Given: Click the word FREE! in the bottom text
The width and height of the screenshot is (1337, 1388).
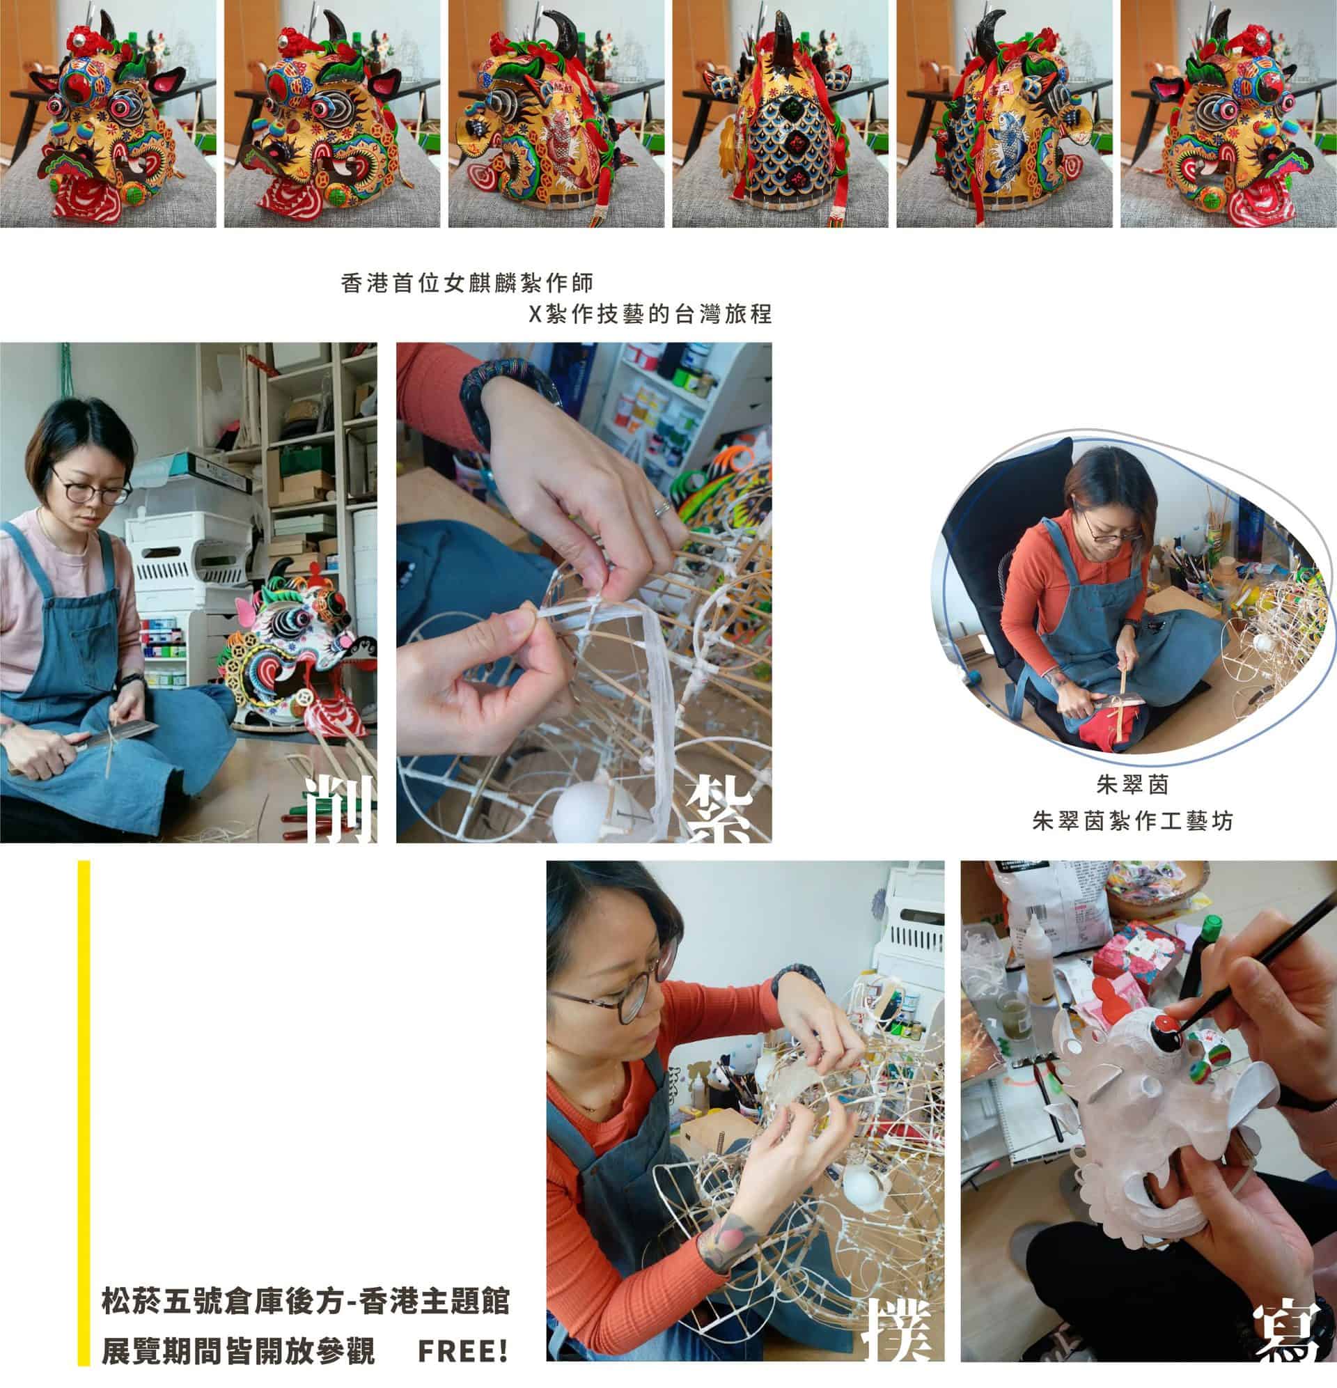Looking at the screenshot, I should (462, 1351).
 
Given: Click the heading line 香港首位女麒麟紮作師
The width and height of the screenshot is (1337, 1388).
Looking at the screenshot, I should (467, 283).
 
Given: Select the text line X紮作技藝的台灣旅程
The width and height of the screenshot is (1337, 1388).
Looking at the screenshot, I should (650, 313).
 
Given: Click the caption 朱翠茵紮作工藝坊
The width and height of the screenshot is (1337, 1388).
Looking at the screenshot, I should (1132, 821).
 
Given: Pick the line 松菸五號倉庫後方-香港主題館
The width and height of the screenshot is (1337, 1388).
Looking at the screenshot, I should (305, 1302).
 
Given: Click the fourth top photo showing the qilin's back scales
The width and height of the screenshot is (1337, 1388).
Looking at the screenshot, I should (780, 114).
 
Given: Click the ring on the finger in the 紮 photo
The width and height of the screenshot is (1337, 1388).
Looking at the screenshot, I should (662, 506).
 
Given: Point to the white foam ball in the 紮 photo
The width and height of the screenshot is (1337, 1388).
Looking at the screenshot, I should (581, 813).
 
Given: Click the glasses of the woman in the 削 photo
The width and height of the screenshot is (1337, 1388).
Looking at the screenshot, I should (91, 493).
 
